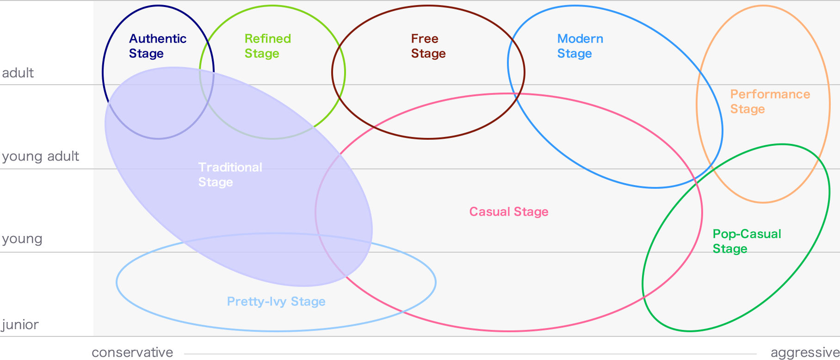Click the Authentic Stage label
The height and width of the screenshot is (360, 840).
pos(158,46)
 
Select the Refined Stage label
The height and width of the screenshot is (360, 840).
pos(268,46)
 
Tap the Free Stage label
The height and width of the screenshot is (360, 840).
pos(428,46)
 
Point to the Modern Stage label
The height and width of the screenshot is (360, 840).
pos(580,46)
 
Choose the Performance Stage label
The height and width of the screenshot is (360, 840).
pos(770,102)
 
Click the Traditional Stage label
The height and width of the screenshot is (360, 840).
pos(230,175)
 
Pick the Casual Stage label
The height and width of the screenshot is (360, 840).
pos(509,212)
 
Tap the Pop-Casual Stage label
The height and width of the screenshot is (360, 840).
pos(747,242)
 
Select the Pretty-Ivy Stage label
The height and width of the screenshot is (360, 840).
pos(276,302)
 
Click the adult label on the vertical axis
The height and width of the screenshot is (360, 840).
pos(18,73)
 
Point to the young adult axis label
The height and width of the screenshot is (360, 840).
pos(41,156)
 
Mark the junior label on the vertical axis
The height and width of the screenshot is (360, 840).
pos(20,325)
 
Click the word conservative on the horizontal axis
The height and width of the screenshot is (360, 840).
pos(132,353)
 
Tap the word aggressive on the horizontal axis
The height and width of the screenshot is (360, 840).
pos(805,353)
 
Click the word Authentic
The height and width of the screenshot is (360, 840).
pos(158,39)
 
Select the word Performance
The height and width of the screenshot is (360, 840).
pos(770,94)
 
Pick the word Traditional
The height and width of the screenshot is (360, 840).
pos(230,168)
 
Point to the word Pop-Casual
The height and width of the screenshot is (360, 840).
pos(747,234)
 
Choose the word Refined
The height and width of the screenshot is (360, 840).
pos(268,39)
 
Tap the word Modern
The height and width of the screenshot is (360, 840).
pos(580,39)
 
